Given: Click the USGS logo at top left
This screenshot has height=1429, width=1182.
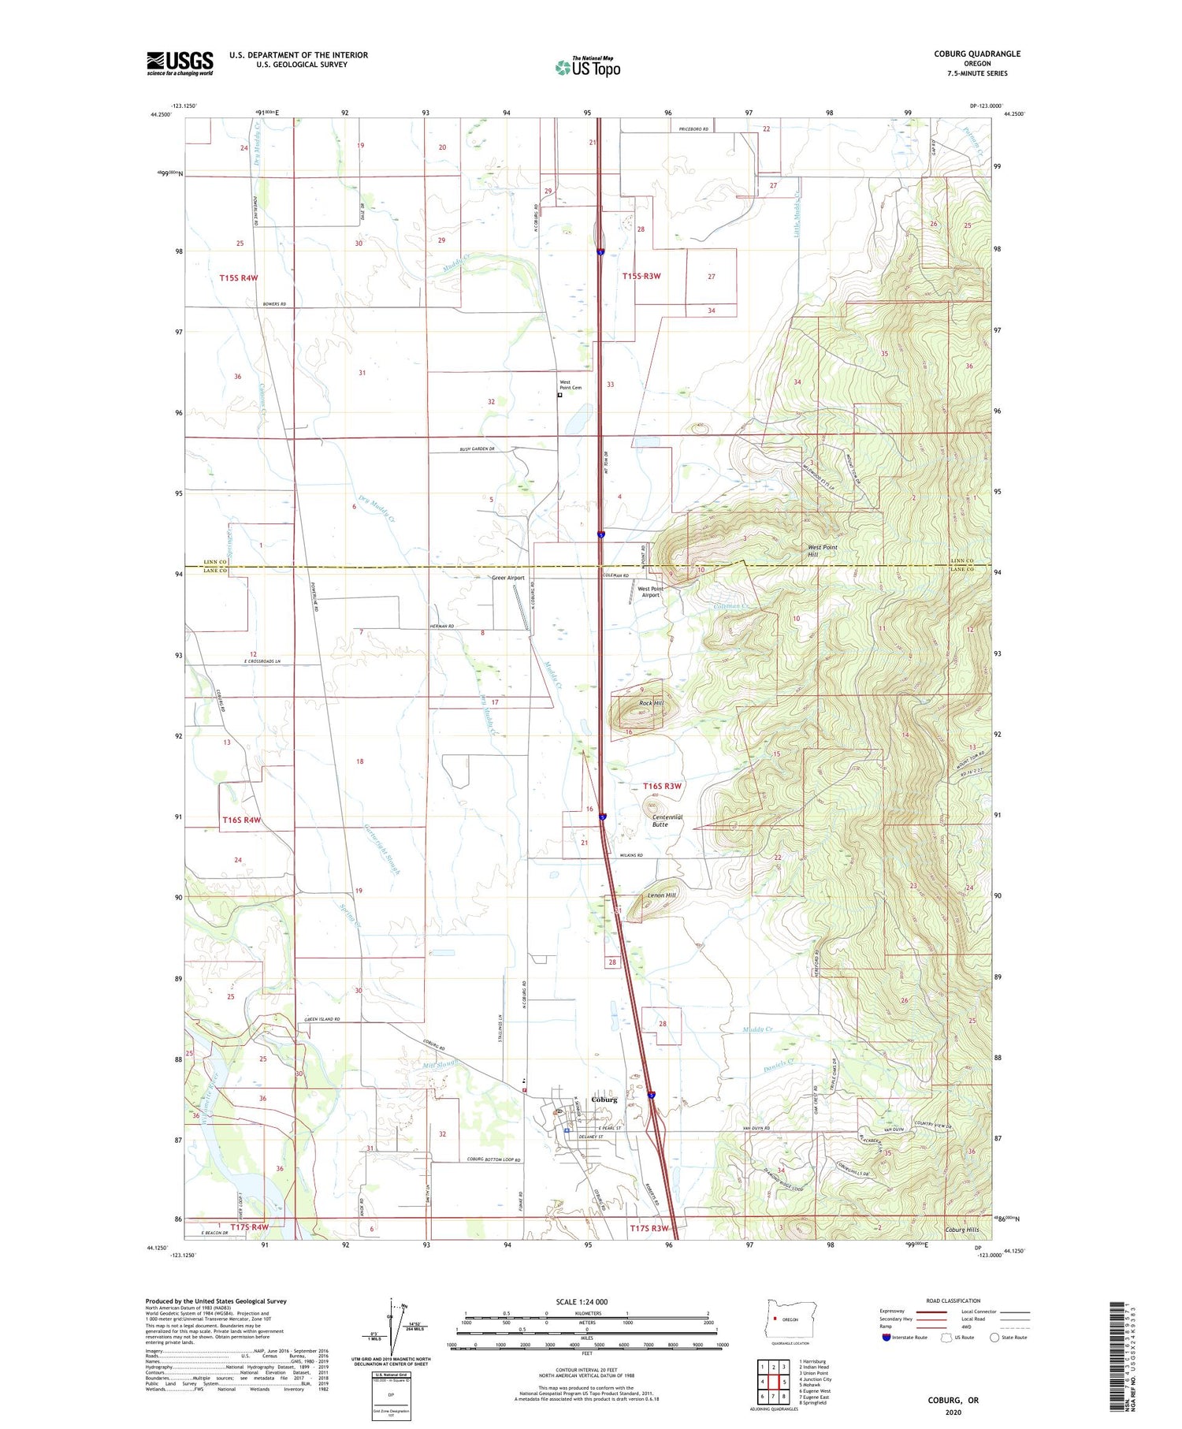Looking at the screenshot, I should pyautogui.click(x=180, y=63).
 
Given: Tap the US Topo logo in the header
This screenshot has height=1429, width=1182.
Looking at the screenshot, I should pyautogui.click(x=587, y=67).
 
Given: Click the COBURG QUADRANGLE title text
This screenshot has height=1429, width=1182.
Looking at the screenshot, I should pyautogui.click(x=977, y=54).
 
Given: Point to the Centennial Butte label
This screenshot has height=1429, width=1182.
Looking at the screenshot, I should pyautogui.click(x=667, y=821).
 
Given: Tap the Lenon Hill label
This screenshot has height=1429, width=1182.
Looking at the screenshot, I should pyautogui.click(x=661, y=895).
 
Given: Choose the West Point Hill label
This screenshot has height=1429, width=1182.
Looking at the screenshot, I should pyautogui.click(x=823, y=550).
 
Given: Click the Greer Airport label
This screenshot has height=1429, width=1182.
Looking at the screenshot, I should pyautogui.click(x=507, y=578).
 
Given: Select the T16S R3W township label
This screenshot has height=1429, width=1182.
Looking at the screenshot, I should pyautogui.click(x=662, y=786).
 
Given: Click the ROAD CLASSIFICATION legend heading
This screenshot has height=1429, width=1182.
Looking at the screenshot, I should pyautogui.click(x=953, y=1301).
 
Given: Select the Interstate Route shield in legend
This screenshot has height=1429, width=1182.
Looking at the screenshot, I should pyautogui.click(x=886, y=1338).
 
